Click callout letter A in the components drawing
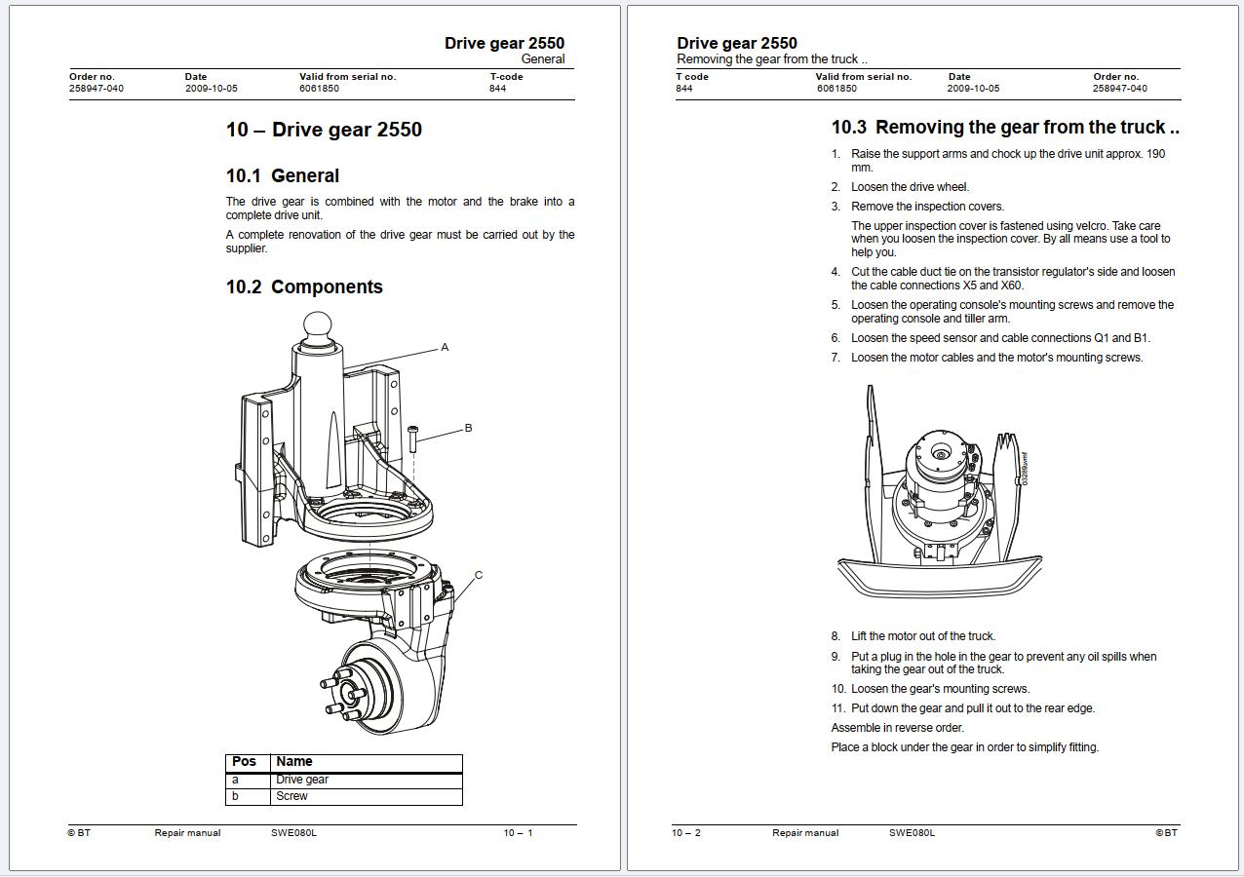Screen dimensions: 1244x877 [x=445, y=348]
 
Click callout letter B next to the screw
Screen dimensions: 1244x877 [x=468, y=428]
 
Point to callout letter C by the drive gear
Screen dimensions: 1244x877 [x=479, y=575]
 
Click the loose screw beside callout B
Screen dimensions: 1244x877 [x=412, y=439]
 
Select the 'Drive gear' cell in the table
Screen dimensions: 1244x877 [x=302, y=780]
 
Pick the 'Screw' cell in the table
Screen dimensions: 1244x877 [x=292, y=796]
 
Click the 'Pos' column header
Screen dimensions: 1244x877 [x=244, y=762]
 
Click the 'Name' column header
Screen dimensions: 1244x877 [x=293, y=762]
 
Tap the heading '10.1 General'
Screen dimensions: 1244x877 [x=282, y=176]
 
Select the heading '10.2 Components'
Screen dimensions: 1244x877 [x=304, y=286]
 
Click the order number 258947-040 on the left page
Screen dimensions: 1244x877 [x=97, y=89]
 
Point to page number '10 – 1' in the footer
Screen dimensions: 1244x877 [x=518, y=832]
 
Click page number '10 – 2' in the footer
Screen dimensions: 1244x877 [x=686, y=832]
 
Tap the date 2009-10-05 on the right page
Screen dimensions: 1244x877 [x=973, y=89]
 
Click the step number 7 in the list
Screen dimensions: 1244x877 [x=836, y=358]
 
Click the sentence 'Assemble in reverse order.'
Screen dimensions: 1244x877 [x=898, y=728]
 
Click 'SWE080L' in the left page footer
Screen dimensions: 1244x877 [x=293, y=832]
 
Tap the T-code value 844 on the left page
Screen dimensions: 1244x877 [x=497, y=89]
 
